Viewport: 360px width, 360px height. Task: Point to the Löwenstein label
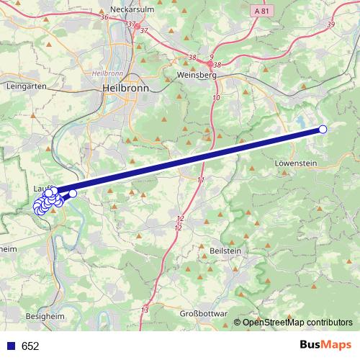(x=297, y=163)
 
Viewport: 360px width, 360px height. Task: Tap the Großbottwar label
(x=202, y=314)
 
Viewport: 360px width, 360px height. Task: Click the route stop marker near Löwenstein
(x=323, y=130)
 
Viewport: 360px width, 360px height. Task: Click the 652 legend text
(x=30, y=346)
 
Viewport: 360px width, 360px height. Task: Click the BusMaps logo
(x=325, y=346)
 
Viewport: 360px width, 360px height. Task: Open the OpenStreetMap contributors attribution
(x=297, y=323)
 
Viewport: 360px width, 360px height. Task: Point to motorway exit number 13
(x=145, y=310)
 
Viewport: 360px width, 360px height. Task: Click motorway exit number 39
(x=330, y=24)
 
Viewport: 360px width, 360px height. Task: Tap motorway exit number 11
(x=200, y=179)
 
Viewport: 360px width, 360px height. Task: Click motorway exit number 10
(x=216, y=96)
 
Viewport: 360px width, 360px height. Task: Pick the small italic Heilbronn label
(x=107, y=73)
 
